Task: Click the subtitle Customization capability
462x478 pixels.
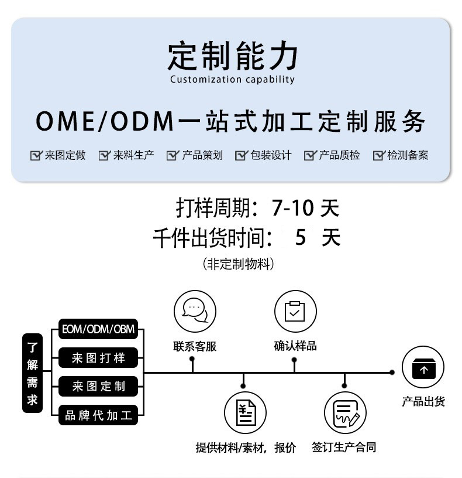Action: (x=232, y=80)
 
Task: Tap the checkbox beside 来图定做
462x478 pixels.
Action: (x=36, y=155)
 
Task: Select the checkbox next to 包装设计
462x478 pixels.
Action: (x=241, y=155)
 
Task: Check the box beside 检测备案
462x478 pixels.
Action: (x=379, y=155)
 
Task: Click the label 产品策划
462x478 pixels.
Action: (x=202, y=155)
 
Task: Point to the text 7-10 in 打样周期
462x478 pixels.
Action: (x=292, y=208)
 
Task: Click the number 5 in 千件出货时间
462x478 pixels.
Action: (x=301, y=237)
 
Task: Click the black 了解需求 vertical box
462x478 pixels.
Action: (x=32, y=373)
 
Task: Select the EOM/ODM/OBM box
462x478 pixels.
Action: (x=98, y=329)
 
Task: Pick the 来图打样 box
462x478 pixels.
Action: (x=98, y=358)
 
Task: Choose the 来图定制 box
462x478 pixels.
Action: (x=98, y=387)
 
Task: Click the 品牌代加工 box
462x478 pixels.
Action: (x=98, y=416)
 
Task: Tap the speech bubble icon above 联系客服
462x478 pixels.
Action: (x=195, y=310)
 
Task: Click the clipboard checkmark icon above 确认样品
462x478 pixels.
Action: (x=295, y=310)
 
